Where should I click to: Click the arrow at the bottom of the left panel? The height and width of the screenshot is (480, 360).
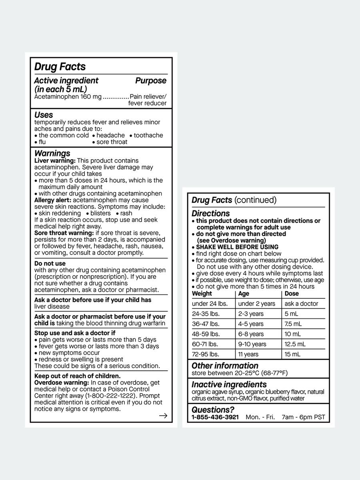coord(163,416)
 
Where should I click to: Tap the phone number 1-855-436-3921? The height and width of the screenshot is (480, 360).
coord(215,417)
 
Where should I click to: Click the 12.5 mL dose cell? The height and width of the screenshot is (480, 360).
coord(295,344)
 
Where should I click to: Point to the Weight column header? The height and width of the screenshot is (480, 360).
coord(202,294)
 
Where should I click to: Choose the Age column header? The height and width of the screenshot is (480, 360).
coord(244,294)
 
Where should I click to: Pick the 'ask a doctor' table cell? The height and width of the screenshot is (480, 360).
coord(301,304)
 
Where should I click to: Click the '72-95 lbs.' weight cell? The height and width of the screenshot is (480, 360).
coord(206,354)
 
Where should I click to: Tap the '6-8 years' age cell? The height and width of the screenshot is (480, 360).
coord(251,334)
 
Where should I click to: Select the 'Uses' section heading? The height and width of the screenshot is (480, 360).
coord(44,115)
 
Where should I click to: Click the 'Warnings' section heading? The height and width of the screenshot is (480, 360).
coord(52,153)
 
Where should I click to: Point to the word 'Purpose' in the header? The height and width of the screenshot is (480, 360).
coord(150,81)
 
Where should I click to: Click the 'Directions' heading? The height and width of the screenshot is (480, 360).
coord(210,213)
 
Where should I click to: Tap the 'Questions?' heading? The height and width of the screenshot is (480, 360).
coord(213,410)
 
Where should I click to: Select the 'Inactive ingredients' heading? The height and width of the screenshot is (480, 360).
coord(229,384)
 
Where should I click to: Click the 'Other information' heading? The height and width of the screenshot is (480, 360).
coord(225,366)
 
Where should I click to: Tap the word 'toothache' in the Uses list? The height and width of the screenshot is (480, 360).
coord(148,135)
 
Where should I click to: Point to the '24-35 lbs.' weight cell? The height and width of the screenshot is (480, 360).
coord(206,314)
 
